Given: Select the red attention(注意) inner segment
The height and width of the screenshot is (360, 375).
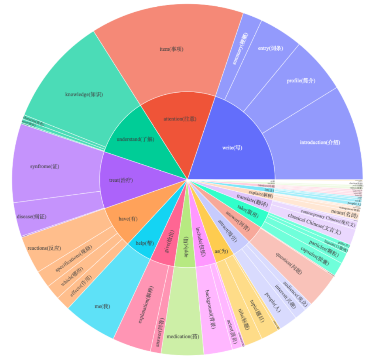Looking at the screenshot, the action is click(x=180, y=119).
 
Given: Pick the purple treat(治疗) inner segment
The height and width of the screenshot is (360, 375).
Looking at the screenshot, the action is click(x=121, y=180).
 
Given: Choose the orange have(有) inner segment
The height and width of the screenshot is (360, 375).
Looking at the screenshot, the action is click(x=128, y=219).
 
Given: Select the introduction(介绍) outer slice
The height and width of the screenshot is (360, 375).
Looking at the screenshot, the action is click(x=320, y=142).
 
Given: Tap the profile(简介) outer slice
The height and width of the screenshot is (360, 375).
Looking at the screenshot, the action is click(x=301, y=80).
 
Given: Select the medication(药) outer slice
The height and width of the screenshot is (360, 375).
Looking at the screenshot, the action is click(x=183, y=337).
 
